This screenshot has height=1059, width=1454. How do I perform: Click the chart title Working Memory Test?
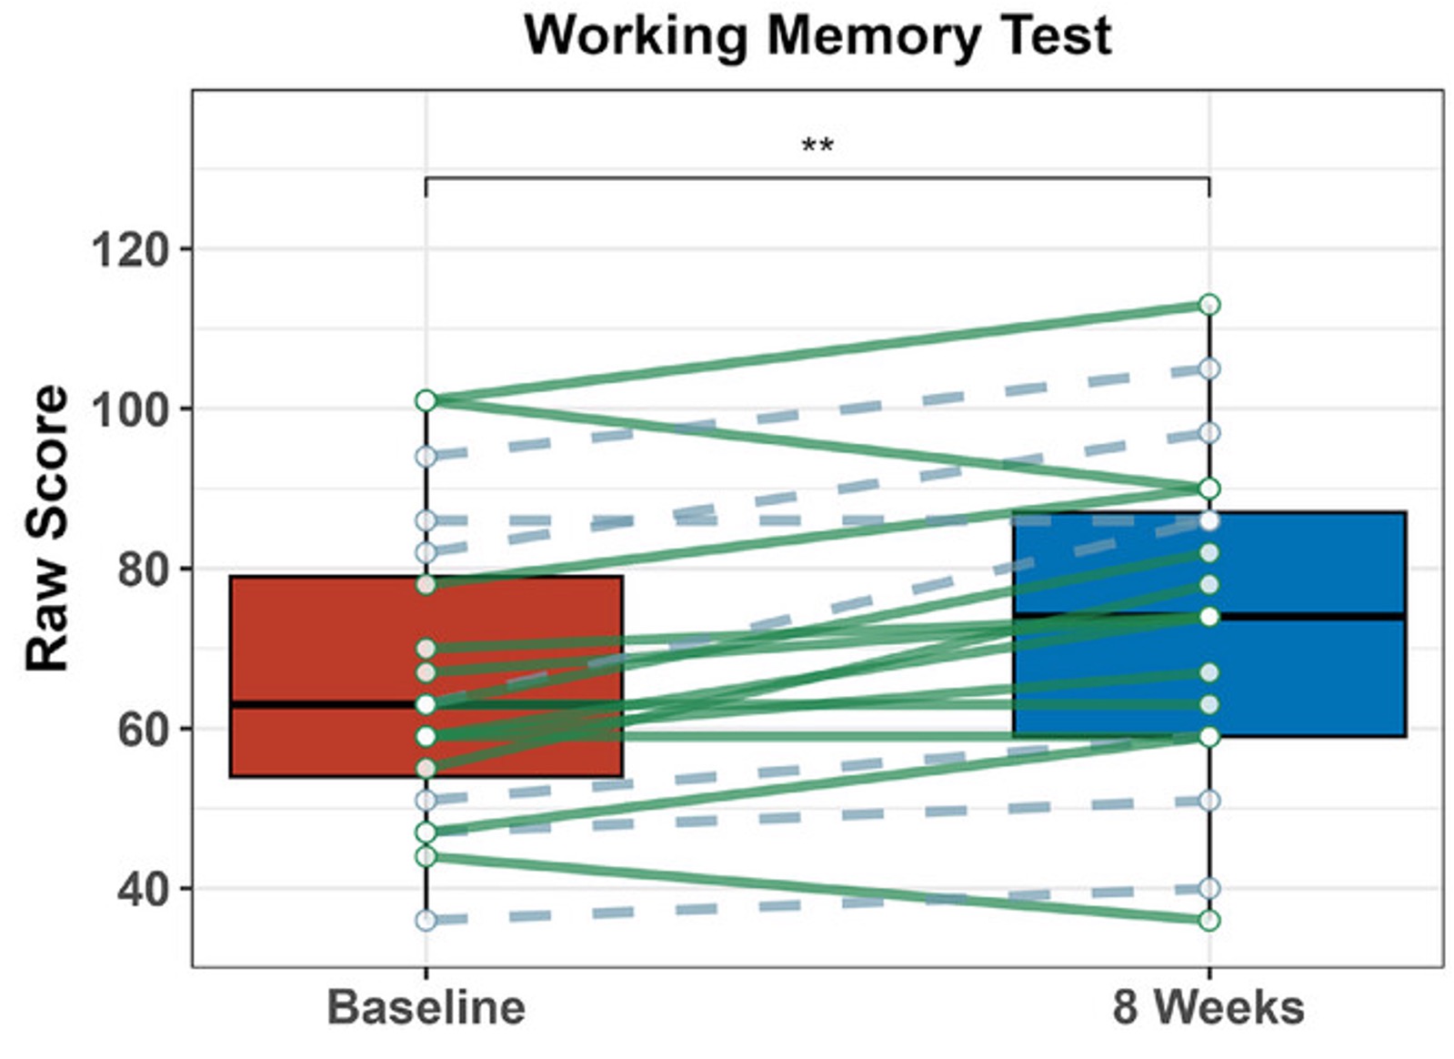817,36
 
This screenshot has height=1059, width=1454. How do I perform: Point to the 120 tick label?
131,249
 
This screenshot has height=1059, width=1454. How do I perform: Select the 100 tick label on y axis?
131,409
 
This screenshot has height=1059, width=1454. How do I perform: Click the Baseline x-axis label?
426,1008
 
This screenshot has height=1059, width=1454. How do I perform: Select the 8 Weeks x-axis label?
1208,1008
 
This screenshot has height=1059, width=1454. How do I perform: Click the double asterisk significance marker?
817,146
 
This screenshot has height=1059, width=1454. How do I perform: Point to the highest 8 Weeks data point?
1208,305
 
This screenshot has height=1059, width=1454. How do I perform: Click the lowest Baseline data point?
426,921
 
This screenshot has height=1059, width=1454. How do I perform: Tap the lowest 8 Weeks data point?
1208,921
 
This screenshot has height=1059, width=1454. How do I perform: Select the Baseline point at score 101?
426,400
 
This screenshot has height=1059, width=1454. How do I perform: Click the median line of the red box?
327,705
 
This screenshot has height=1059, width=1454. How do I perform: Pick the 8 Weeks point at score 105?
1208,368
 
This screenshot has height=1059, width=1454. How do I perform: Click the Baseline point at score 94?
426,457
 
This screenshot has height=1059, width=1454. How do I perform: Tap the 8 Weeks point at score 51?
1208,801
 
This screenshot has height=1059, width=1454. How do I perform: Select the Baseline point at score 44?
426,856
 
